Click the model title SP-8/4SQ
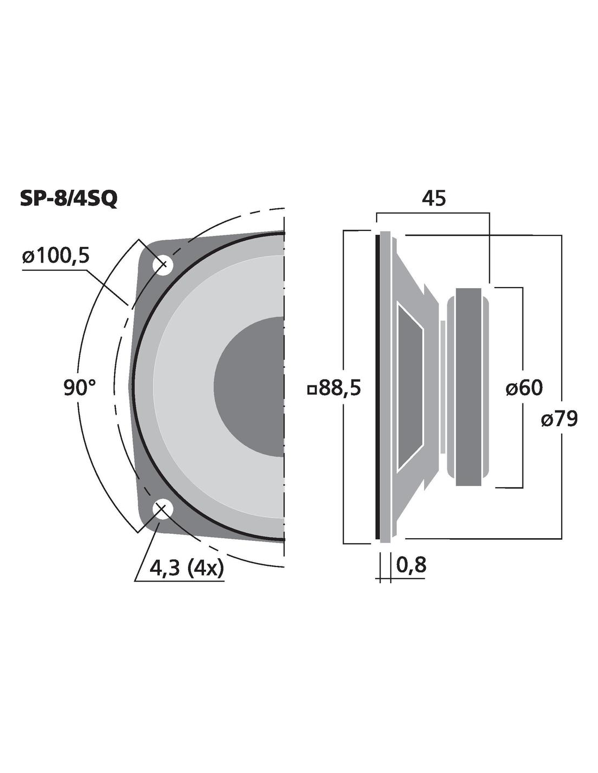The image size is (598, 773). click(x=68, y=200)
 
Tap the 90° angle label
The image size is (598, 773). click(x=80, y=388)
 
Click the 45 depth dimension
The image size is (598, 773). click(x=433, y=198)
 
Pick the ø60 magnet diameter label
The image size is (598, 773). click(x=524, y=388)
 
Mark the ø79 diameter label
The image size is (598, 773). click(x=559, y=419)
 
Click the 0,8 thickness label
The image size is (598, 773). click(x=411, y=565)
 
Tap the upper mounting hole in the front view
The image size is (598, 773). click(x=163, y=265)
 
